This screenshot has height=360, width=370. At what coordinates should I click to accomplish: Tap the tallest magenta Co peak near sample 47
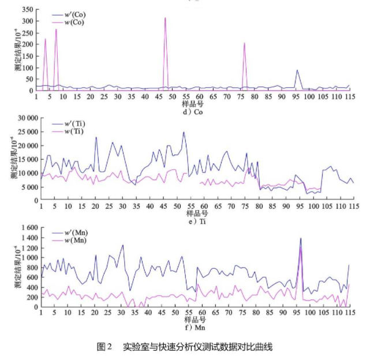click(165, 18)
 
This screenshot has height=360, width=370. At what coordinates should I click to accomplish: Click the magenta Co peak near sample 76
click(244, 43)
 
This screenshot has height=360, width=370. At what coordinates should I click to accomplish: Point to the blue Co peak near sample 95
click(297, 71)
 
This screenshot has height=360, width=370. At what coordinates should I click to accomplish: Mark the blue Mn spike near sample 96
click(300, 238)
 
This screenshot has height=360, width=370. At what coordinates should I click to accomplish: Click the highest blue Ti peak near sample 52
click(184, 133)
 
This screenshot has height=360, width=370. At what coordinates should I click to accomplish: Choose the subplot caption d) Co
click(193, 112)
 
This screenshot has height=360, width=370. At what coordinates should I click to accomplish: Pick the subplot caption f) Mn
click(193, 326)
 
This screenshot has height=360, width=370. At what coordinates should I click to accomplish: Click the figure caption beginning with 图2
click(185, 347)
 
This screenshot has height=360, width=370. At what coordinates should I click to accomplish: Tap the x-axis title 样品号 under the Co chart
click(192, 104)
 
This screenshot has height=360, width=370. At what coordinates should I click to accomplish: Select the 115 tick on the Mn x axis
click(350, 313)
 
